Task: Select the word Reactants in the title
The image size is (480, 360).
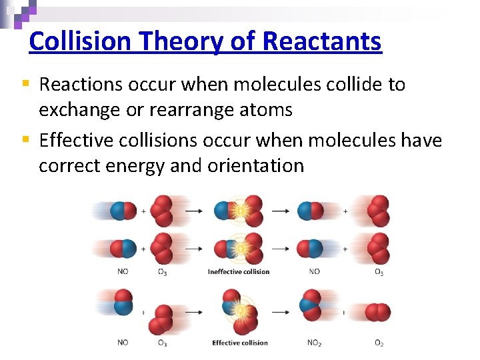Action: [x=322, y=41]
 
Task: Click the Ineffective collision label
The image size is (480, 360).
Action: [x=239, y=271]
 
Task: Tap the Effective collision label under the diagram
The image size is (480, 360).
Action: [x=240, y=343]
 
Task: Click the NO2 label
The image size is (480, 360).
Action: [x=314, y=343]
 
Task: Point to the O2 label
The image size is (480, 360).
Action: [x=379, y=343]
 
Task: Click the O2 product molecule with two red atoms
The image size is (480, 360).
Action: [x=379, y=312]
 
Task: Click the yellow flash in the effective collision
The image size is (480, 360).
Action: [x=239, y=311]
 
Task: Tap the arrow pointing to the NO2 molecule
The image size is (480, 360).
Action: [x=281, y=312]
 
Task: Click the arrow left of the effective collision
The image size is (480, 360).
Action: [x=194, y=312]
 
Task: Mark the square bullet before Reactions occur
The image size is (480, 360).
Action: [x=25, y=84]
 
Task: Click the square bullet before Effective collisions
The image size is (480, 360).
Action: [x=25, y=140]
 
